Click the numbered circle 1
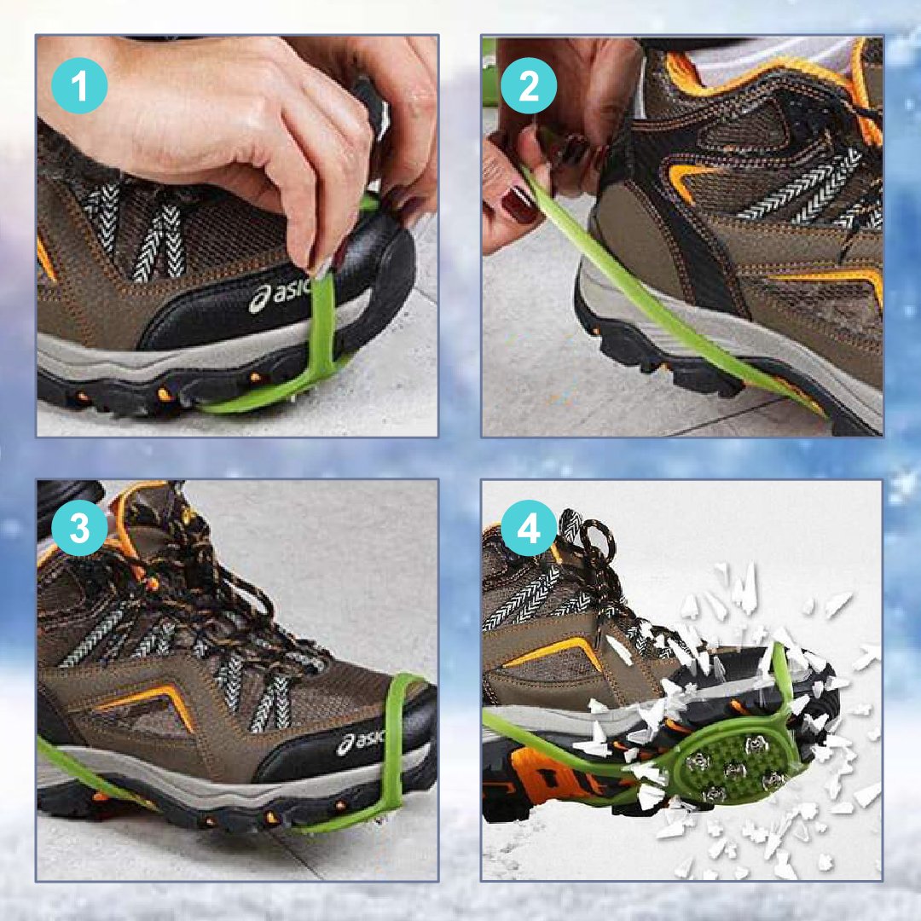tap(79, 86)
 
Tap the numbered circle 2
tap(529, 86)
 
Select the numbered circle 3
tap(79, 529)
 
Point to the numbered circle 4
tap(529, 529)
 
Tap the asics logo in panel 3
tap(362, 741)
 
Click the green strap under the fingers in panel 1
tap(325, 329)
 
